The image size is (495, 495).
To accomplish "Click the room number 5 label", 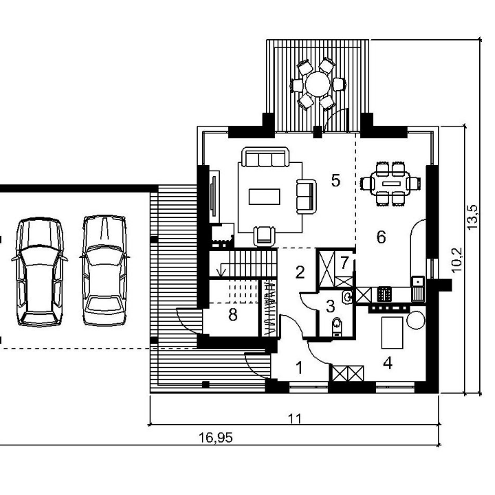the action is click(335, 180).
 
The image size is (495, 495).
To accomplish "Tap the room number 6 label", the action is click(381, 236).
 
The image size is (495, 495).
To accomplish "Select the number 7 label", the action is click(344, 262).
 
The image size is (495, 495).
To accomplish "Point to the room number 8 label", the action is click(233, 315).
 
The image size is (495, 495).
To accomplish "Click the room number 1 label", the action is click(299, 367).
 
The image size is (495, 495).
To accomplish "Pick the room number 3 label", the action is click(330, 306).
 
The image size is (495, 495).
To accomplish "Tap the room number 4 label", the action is click(388, 364).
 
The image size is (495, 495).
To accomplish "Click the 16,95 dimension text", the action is click(216, 437).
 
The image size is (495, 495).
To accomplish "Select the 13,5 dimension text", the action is click(472, 217).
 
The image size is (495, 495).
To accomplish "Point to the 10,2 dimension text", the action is click(456, 259).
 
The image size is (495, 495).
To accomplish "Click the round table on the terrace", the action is click(318, 84).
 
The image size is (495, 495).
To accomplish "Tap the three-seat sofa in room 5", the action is click(265, 157).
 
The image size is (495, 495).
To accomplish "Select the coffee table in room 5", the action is click(264, 197).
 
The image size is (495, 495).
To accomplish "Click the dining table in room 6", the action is click(391, 183).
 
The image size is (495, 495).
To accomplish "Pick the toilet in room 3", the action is click(337, 326).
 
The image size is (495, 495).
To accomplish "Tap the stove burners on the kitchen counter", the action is click(384, 294).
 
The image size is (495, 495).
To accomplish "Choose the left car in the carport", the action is click(39, 272).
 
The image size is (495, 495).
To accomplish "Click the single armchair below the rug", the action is click(264, 236).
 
